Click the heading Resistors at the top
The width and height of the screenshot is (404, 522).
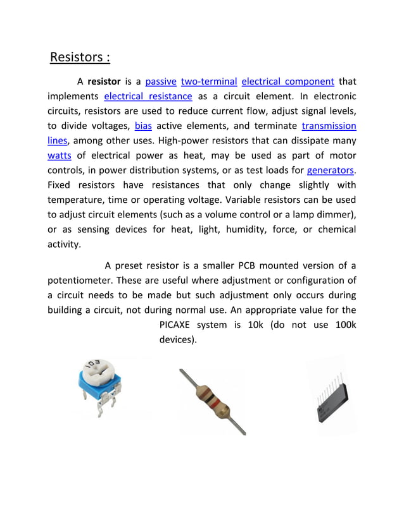[x=80, y=58]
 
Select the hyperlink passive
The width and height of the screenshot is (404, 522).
[x=161, y=82]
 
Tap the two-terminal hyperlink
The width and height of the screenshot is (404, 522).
[x=209, y=82]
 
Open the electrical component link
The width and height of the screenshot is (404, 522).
[x=287, y=82]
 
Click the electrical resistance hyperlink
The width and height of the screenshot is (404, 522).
[x=148, y=97]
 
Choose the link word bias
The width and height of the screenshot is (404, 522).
[x=143, y=126]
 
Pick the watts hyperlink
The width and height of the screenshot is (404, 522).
[x=60, y=155]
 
